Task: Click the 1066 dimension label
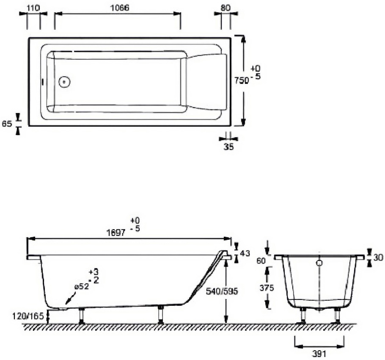point(119,8)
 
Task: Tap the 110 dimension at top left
point(33,8)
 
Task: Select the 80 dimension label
point(225,8)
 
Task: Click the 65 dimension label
point(7,124)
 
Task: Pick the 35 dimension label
point(228,147)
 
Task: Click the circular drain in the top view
point(64,81)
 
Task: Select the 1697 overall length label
point(117,233)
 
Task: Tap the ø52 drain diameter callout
point(81,287)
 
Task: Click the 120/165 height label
point(29,316)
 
